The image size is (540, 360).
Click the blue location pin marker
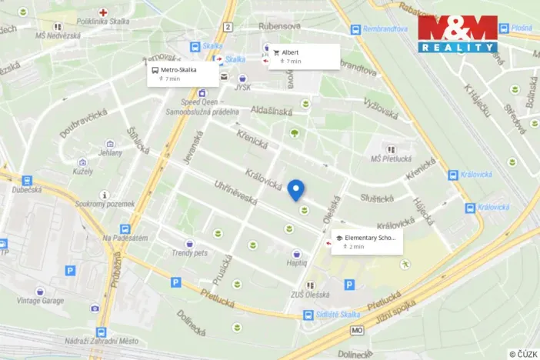(x=296, y=189)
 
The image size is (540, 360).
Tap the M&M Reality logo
(x=458, y=34)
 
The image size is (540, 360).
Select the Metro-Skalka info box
(x=182, y=73)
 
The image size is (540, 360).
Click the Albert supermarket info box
(x=303, y=56)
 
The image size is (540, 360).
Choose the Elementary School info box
(x=366, y=242)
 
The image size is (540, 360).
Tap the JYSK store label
(x=243, y=88)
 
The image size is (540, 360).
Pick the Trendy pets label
(x=190, y=252)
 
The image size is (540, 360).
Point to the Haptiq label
(x=297, y=262)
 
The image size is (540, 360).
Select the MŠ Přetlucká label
(x=388, y=158)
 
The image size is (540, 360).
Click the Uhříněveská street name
(x=235, y=192)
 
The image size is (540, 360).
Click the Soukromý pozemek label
(x=105, y=204)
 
